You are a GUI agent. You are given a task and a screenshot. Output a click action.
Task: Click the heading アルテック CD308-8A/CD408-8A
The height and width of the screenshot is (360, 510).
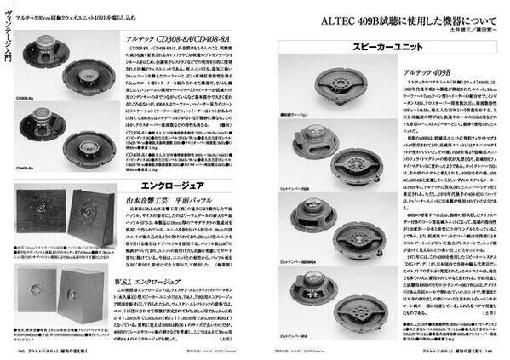[181, 39]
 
